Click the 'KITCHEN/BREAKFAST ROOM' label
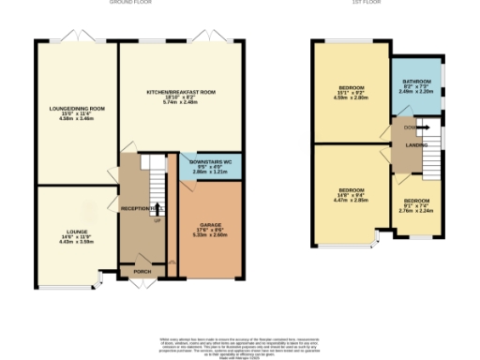coord(180,92)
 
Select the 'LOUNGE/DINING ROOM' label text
coord(76,109)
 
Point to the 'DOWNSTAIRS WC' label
coord(210,163)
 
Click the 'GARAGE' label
coord(210,225)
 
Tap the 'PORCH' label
coord(142,272)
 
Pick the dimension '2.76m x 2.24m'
coord(417,211)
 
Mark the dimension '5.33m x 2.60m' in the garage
coord(210,235)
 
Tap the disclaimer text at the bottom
coord(239,344)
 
